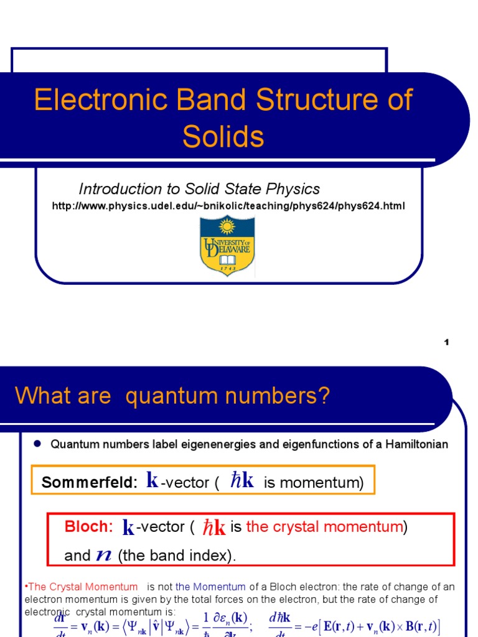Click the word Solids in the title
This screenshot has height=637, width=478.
click(x=223, y=136)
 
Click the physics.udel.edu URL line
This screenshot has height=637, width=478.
click(x=228, y=205)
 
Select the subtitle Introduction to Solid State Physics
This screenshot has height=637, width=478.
click(x=199, y=189)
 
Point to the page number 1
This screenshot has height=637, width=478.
click(x=446, y=343)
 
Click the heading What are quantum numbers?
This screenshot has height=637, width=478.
click(x=172, y=396)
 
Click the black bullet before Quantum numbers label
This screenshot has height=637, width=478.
click(x=37, y=444)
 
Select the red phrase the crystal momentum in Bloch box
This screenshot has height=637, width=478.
click(x=324, y=527)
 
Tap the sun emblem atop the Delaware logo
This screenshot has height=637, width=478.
click(x=227, y=225)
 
